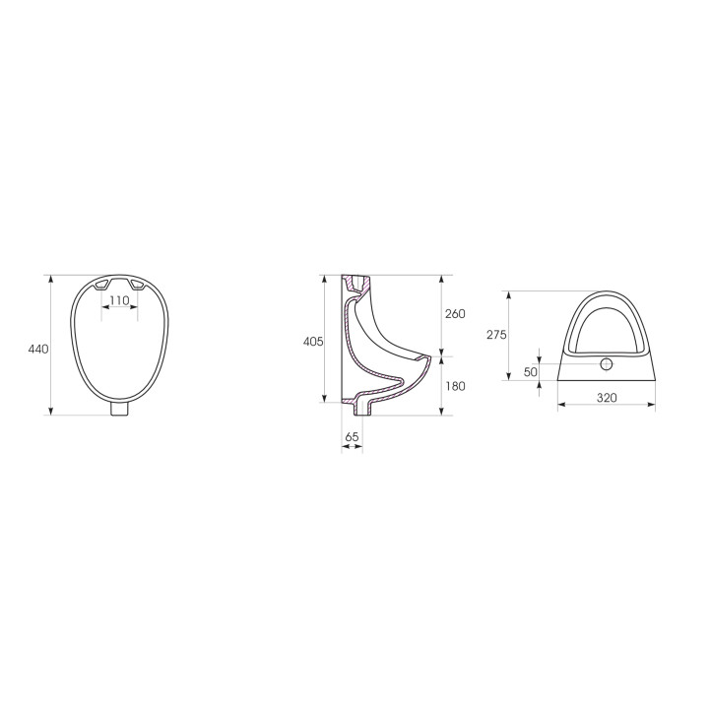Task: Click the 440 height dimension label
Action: point(38,349)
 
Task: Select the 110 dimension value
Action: point(119,300)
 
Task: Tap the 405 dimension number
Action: point(313,342)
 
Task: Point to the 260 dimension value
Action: point(455,313)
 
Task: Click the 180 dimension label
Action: point(455,386)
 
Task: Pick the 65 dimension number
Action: point(352,437)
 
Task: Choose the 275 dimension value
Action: point(496,335)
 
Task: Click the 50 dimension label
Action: point(531,371)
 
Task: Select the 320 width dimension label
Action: point(607,398)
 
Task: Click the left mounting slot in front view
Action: point(101,285)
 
